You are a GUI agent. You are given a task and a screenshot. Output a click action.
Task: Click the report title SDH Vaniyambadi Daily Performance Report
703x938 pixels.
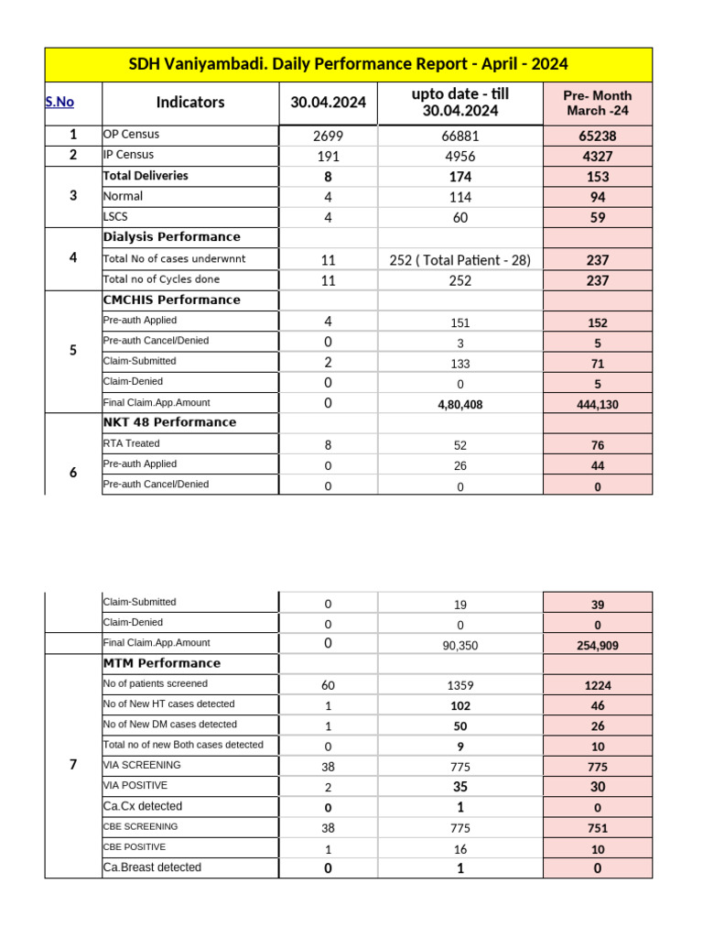[x=348, y=64]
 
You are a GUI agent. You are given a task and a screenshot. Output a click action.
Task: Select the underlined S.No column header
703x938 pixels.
[x=59, y=102]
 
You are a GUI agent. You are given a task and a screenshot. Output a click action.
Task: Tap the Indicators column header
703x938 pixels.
[x=190, y=103]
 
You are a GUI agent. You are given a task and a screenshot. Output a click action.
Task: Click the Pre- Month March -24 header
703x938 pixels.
[x=597, y=103]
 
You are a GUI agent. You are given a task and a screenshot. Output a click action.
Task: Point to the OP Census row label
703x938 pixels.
[x=131, y=135]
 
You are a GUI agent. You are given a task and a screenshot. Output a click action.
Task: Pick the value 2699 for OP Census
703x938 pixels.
[x=328, y=136]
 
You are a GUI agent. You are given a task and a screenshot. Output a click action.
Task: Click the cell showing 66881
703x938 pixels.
[x=460, y=136]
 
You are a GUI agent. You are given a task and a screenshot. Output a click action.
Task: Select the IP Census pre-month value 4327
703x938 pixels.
[x=597, y=157]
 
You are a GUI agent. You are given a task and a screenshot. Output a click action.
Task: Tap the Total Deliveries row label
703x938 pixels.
[x=146, y=176]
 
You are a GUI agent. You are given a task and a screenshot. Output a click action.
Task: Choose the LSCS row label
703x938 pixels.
[x=116, y=217]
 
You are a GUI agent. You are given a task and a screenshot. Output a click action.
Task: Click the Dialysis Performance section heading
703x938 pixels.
[x=171, y=237]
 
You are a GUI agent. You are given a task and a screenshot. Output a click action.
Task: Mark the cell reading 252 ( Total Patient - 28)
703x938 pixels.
[x=460, y=260]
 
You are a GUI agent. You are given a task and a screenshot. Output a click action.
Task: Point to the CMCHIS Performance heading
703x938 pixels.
[x=171, y=300]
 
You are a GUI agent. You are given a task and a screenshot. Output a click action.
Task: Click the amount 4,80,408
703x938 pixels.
[x=460, y=404]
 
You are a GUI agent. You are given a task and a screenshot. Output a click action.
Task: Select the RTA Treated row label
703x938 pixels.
[x=131, y=443]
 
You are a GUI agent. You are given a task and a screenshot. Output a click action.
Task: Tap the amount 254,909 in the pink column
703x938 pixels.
[x=597, y=646]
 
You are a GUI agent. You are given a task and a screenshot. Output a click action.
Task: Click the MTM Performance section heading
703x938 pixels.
[x=161, y=663]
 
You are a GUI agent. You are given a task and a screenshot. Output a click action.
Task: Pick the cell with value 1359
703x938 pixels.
[x=460, y=685]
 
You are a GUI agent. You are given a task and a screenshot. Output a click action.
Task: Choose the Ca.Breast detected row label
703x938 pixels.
[x=152, y=867]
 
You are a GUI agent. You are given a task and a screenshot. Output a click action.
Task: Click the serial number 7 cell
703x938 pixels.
[x=73, y=765]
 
